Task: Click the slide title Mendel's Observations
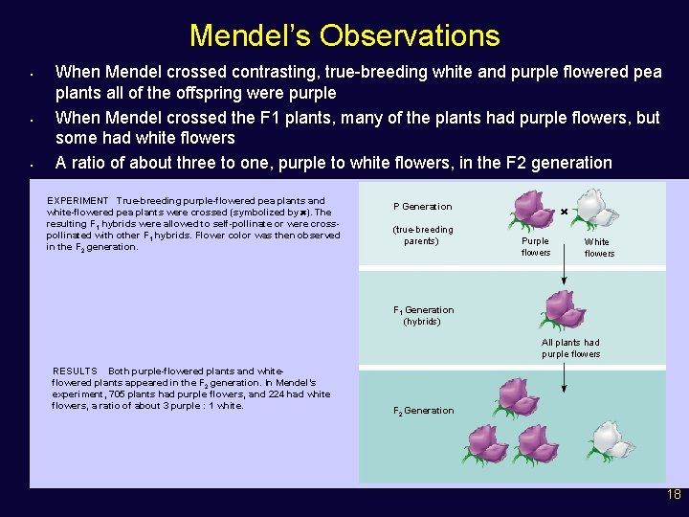point(344,35)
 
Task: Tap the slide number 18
point(674,495)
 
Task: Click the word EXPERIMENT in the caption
point(78,201)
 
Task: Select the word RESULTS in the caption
point(75,371)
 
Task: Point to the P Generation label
point(422,207)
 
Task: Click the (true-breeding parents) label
point(423,236)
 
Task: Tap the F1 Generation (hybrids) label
point(423,316)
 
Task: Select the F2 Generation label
point(423,411)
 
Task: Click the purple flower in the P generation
point(533,208)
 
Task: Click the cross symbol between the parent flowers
point(565,211)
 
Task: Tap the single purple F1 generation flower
point(564,308)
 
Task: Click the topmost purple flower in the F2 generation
point(516,396)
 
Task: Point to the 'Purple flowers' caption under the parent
point(536,247)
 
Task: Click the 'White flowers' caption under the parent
point(599,248)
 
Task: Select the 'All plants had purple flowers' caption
point(570,348)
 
